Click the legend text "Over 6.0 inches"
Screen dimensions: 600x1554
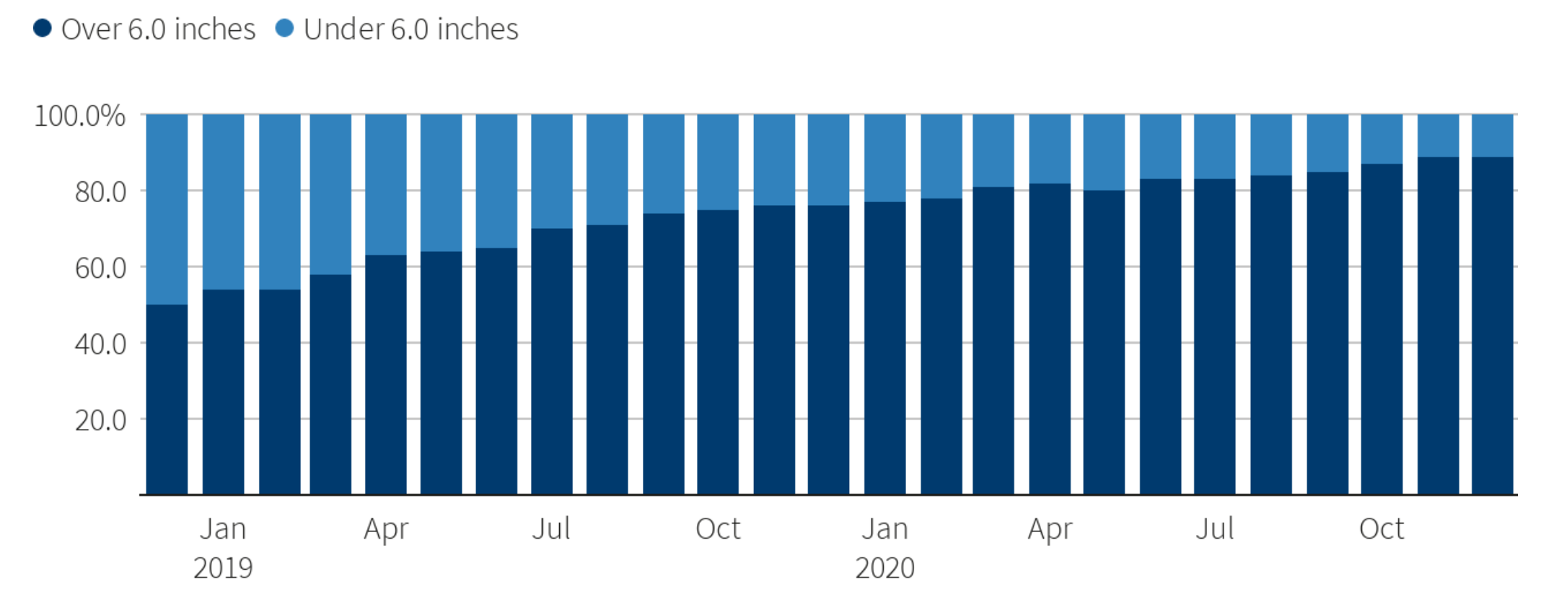click(x=158, y=30)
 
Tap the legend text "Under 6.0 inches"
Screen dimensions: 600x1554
click(x=411, y=30)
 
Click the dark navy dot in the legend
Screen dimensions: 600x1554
click(x=43, y=28)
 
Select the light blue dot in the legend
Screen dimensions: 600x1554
click(x=285, y=28)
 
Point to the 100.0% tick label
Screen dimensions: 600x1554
click(x=79, y=116)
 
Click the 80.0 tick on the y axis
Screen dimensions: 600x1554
click(x=100, y=192)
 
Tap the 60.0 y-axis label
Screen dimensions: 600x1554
click(x=100, y=268)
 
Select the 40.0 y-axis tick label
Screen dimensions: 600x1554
click(x=100, y=344)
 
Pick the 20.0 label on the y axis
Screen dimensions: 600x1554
click(x=100, y=419)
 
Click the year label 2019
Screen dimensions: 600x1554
click(x=223, y=568)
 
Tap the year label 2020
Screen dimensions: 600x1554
click(x=885, y=568)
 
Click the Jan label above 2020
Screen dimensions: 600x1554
click(x=885, y=529)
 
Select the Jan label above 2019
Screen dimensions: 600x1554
click(x=223, y=529)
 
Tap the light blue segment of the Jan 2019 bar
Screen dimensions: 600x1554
click(x=223, y=202)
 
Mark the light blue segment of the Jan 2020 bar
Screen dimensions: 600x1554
click(x=885, y=158)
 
